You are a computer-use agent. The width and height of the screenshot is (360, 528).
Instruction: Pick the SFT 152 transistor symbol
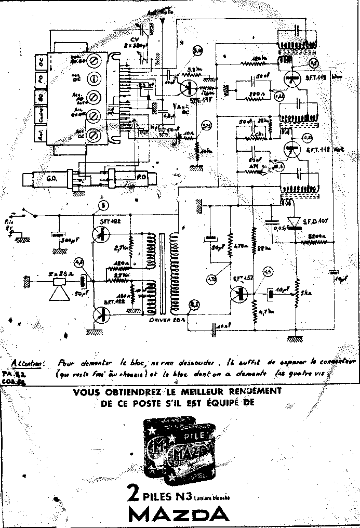pyautogui.click(x=237, y=293)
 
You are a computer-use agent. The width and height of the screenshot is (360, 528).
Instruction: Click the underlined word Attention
pyautogui.click(x=29, y=363)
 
